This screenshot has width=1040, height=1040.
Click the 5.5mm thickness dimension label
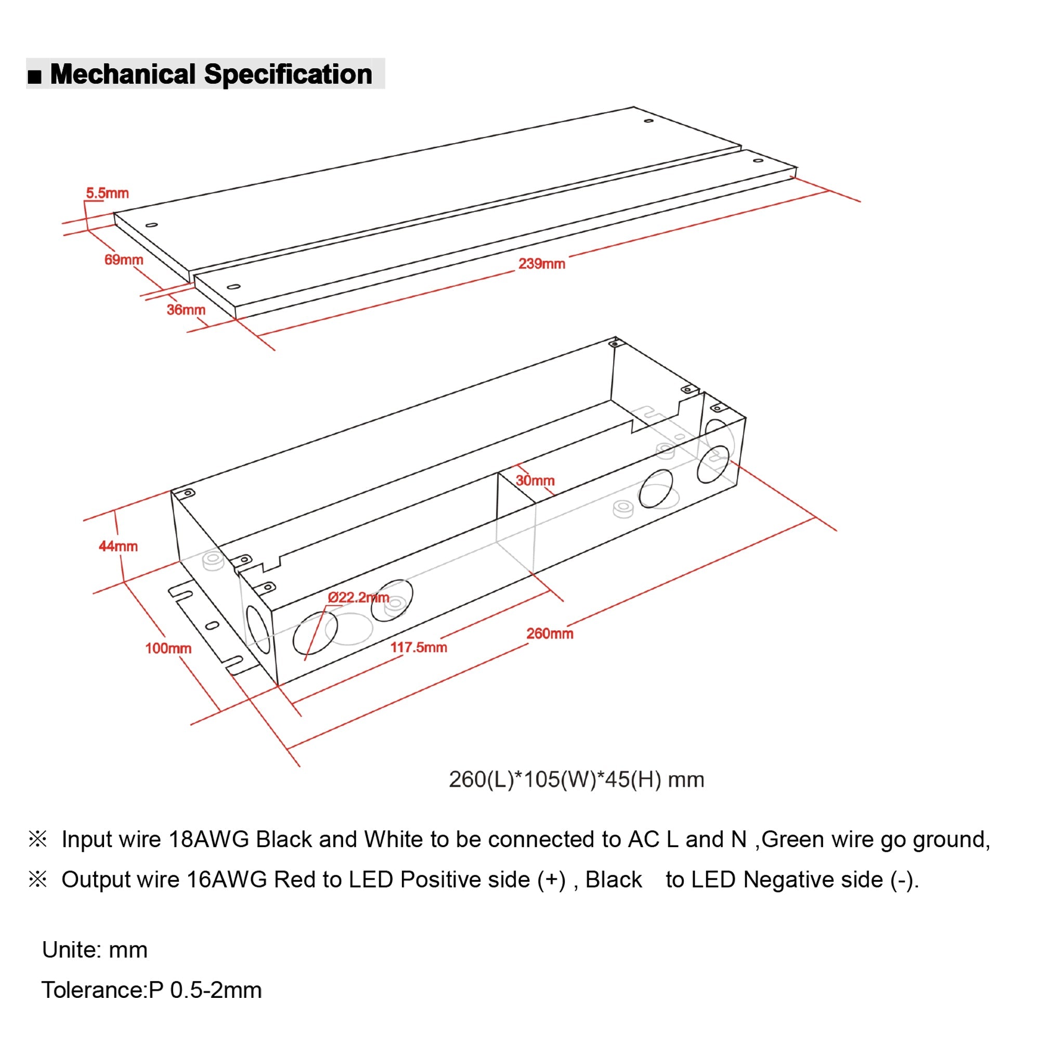pyautogui.click(x=107, y=193)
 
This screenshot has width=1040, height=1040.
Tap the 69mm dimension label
pyautogui.click(x=123, y=260)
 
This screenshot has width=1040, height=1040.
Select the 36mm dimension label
pyautogui.click(x=186, y=310)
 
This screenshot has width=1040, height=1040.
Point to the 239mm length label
pyautogui.click(x=541, y=264)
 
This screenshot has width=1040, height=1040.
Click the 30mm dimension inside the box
pyautogui.click(x=535, y=480)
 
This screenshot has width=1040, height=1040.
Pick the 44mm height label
pyautogui.click(x=118, y=547)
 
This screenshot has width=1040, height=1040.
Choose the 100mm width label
pyautogui.click(x=168, y=648)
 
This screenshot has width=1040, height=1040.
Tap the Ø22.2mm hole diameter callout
pyautogui.click(x=358, y=597)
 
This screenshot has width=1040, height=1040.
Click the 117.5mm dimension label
pyautogui.click(x=418, y=647)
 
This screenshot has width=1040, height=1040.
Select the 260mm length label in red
pyautogui.click(x=550, y=633)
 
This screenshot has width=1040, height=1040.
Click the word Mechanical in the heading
pyautogui.click(x=123, y=74)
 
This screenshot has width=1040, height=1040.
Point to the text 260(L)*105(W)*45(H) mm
pyautogui.click(x=576, y=779)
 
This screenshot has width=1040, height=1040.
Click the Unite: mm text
pyautogui.click(x=95, y=950)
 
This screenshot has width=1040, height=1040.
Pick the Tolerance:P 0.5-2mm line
pyautogui.click(x=151, y=991)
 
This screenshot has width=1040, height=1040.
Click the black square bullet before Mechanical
pyautogui.click(x=34, y=76)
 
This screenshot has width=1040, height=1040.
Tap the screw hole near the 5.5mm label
pyautogui.click(x=152, y=225)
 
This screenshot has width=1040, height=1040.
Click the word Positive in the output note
pyautogui.click(x=440, y=880)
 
